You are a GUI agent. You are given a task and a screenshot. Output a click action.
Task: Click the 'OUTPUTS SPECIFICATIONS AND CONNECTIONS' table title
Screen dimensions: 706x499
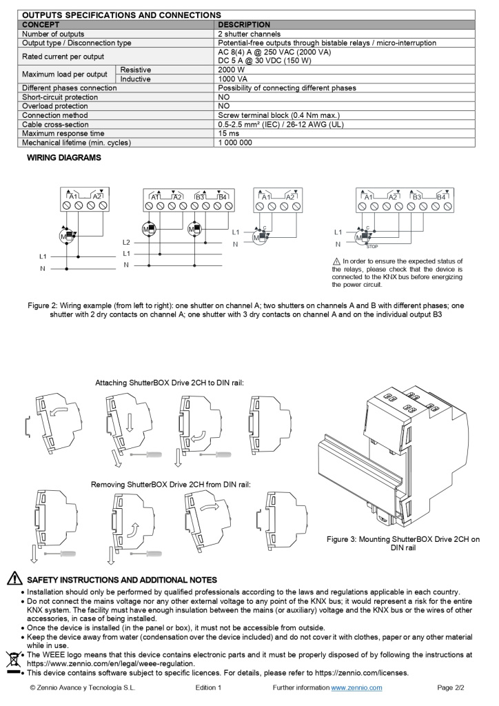click(121, 14)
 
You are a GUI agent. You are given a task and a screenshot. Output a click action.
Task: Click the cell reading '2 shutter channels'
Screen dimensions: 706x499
click(249, 34)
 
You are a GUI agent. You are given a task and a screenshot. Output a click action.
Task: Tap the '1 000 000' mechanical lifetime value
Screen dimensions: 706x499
click(235, 143)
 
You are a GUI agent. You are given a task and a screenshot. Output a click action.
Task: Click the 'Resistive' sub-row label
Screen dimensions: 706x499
click(136, 70)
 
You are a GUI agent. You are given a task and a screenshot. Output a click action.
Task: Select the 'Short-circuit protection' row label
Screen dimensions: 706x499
click(60, 97)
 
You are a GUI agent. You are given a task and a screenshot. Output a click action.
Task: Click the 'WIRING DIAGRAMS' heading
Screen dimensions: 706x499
click(63, 158)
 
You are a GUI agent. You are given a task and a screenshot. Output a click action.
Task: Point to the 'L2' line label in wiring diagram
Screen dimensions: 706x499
click(126, 243)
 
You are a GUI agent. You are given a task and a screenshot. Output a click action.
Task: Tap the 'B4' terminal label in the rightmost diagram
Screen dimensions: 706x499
click(440, 197)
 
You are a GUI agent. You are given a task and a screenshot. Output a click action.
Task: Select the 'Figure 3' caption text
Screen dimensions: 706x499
click(403, 543)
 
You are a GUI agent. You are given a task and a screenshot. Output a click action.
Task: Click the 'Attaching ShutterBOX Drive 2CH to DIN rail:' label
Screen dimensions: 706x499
click(170, 382)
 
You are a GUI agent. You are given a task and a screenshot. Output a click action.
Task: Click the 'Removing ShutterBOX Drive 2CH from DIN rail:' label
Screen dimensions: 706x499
click(171, 485)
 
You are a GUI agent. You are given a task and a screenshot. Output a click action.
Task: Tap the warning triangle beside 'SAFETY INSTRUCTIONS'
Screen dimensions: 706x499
click(14, 580)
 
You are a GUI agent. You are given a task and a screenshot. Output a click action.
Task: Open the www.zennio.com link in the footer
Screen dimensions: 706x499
click(356, 688)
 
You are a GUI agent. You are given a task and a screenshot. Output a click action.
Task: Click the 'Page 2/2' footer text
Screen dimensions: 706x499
click(451, 688)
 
